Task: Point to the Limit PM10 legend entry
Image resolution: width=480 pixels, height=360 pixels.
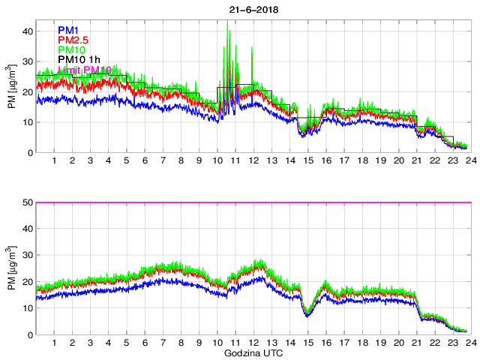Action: click(85, 70)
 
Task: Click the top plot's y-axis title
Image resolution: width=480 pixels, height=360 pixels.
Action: click(13, 91)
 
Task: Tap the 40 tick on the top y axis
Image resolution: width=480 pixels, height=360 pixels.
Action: click(28, 31)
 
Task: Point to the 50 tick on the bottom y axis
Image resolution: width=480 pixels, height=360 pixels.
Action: click(28, 202)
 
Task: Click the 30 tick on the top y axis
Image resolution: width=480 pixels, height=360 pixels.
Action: click(28, 61)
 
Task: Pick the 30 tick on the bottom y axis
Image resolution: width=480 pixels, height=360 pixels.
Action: click(28, 256)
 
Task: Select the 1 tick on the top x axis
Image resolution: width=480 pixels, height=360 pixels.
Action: click(55, 160)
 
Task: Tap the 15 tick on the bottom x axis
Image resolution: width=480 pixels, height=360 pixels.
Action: click(307, 343)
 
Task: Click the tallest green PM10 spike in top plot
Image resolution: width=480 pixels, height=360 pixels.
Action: click(227, 22)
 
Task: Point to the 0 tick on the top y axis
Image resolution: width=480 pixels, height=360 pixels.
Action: click(31, 153)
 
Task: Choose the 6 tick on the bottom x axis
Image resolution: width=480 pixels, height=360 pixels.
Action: click(145, 343)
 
